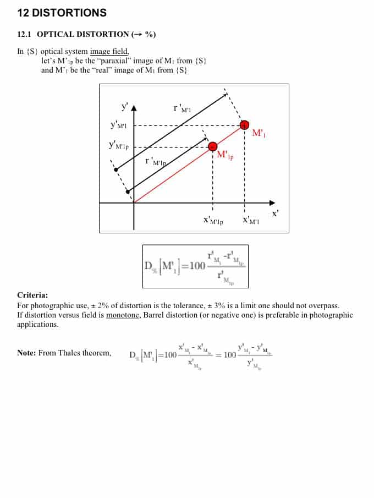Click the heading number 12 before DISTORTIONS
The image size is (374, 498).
point(23,12)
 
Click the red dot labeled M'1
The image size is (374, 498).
point(244,126)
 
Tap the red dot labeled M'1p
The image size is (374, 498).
point(213,146)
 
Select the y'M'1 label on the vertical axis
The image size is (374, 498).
point(119,125)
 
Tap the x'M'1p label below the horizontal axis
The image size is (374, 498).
point(213,221)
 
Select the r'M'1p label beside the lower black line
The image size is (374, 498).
point(155,161)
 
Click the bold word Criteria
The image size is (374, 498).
point(32,295)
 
